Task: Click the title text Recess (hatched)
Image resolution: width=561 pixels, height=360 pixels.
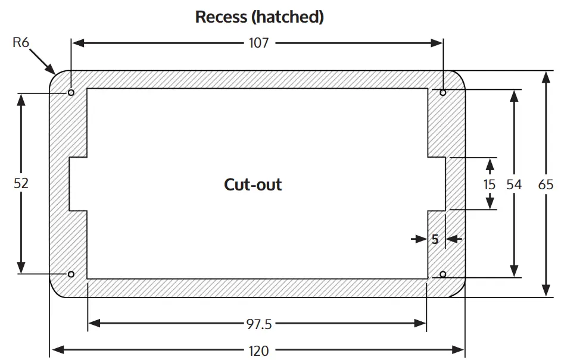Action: tap(260, 17)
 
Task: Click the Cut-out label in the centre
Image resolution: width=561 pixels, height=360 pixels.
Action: tap(253, 184)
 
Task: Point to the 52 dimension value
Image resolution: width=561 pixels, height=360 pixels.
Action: tap(21, 183)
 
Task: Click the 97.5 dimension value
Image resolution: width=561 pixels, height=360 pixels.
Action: tap(258, 324)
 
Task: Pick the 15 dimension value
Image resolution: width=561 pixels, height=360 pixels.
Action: tap(489, 184)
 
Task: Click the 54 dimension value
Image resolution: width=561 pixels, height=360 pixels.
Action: tap(514, 184)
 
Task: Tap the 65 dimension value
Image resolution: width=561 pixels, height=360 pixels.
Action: tap(546, 184)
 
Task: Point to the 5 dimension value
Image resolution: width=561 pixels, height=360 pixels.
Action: tap(435, 239)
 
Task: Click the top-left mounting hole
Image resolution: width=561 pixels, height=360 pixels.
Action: tap(71, 93)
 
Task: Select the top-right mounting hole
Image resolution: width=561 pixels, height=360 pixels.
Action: tap(443, 93)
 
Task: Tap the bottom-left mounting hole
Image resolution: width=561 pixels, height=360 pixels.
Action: tap(71, 274)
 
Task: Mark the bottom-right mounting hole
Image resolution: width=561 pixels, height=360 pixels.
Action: tap(443, 274)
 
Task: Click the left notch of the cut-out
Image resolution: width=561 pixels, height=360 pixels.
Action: tap(79, 184)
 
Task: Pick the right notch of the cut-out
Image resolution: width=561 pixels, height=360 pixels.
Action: tap(437, 184)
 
